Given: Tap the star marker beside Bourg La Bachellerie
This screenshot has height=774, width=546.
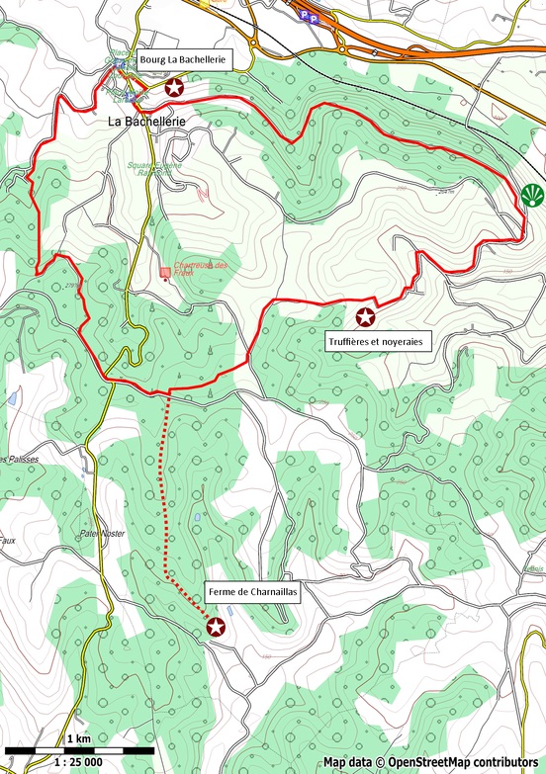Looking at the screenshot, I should [x=174, y=88].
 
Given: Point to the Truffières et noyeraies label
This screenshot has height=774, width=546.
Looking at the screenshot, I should [x=373, y=341].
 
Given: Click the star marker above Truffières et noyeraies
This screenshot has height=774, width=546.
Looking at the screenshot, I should [x=365, y=316].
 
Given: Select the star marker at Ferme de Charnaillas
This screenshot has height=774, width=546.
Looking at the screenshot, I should [x=216, y=626].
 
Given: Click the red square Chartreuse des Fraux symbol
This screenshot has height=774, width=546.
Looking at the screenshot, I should [x=165, y=272].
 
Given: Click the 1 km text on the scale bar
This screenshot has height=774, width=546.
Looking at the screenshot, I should [x=79, y=739].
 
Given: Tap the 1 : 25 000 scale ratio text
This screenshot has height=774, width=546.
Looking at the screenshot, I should [x=78, y=762].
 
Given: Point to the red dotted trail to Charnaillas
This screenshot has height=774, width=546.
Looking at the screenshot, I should [x=165, y=494].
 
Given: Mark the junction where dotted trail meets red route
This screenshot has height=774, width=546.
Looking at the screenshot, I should [x=170, y=391].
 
